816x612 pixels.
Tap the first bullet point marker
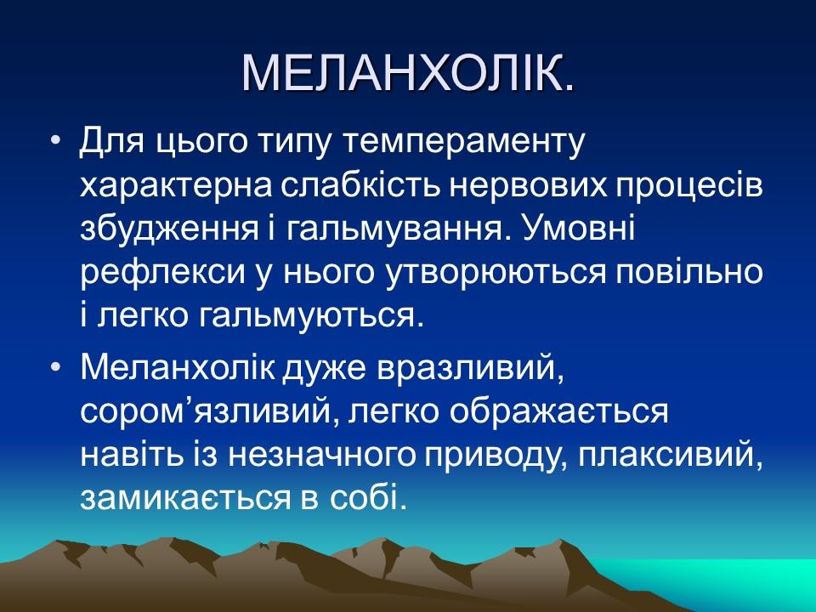coord(56,141)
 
